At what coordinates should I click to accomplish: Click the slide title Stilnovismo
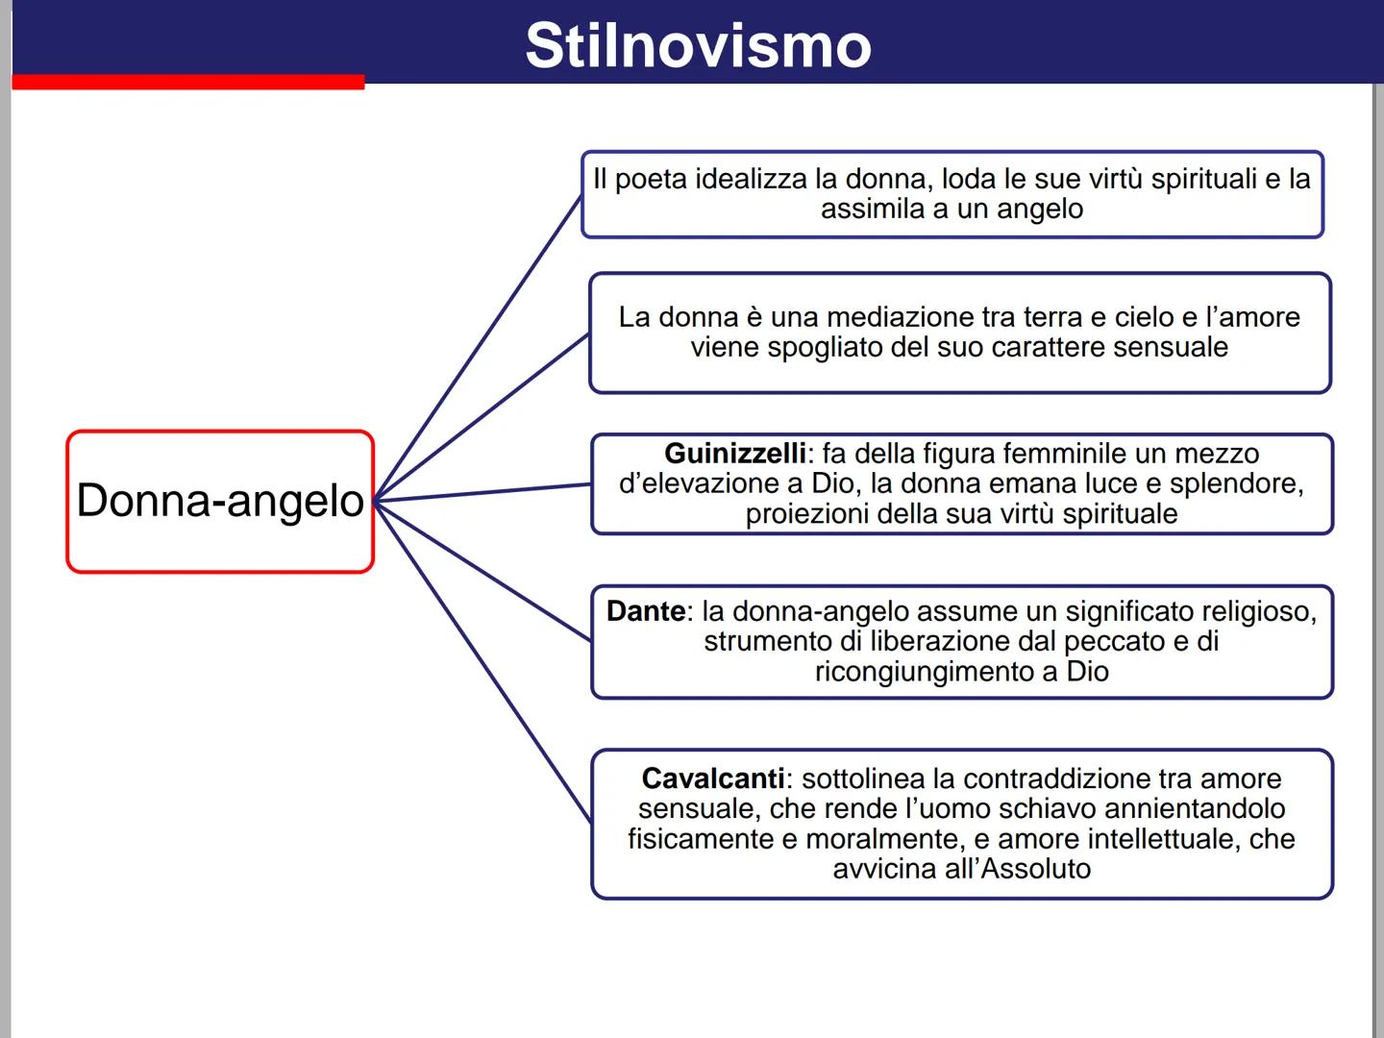[x=698, y=45]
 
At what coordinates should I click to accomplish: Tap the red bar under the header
[x=188, y=83]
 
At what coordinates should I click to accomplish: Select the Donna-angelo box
[x=220, y=501]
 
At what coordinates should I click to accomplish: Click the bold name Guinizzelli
[x=735, y=454]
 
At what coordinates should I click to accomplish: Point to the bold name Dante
[x=646, y=611]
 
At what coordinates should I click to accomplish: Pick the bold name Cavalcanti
[x=713, y=778]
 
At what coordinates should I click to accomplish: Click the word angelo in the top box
[x=1041, y=210]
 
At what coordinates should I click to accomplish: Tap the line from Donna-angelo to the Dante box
[x=482, y=571]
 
